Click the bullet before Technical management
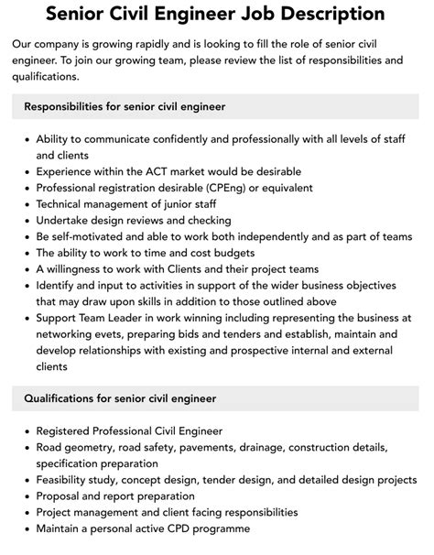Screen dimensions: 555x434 click(x=25, y=205)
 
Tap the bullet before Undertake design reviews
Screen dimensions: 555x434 click(x=25, y=221)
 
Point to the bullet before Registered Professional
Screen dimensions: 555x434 click(x=25, y=431)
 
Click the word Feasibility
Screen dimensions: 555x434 click(x=65, y=480)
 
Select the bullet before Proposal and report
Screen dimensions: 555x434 click(x=25, y=495)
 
